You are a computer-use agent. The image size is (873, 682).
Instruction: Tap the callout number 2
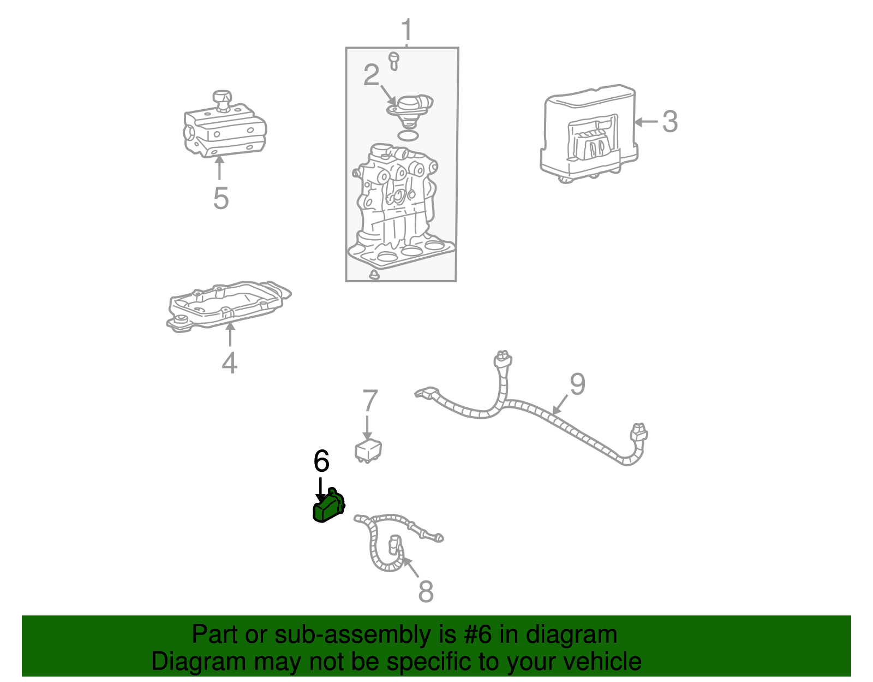pos(371,75)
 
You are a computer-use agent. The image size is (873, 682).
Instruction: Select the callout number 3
pos(669,121)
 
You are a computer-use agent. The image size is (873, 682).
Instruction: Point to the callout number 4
pos(229,363)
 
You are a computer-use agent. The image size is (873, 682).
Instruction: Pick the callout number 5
pos(221,198)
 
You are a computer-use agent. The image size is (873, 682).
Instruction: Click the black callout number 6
pos(321,460)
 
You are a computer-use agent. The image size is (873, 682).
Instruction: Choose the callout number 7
pos(370,400)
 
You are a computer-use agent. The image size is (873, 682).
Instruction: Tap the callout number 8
pos(426,591)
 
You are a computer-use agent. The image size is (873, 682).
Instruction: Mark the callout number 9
pos(577,384)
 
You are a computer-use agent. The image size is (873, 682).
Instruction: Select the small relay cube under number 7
pos(368,450)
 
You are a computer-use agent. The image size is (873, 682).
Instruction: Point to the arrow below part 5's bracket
pos(219,168)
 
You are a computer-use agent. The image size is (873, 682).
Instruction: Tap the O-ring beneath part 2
pos(408,135)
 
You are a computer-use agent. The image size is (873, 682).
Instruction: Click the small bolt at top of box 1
pos(394,61)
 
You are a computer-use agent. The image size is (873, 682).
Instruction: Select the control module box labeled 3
pos(589,133)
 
